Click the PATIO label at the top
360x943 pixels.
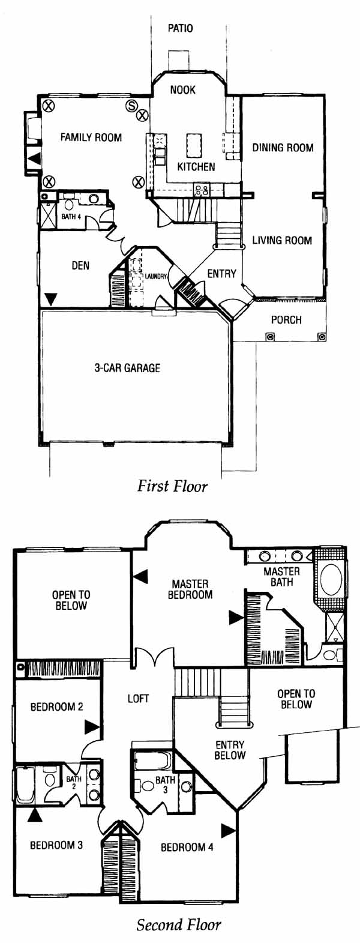click(x=181, y=28)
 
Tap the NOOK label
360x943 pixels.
click(x=183, y=89)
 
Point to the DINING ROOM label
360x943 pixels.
click(x=283, y=147)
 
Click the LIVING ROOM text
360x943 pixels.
click(x=282, y=240)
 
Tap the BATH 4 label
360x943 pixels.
click(x=71, y=217)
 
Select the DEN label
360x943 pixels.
click(x=80, y=265)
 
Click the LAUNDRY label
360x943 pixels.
click(x=156, y=277)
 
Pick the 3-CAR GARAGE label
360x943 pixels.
click(x=127, y=368)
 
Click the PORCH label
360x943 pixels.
click(x=286, y=320)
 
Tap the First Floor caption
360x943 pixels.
click(x=172, y=486)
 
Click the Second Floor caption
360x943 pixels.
click(x=179, y=924)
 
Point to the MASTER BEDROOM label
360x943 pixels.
click(x=190, y=589)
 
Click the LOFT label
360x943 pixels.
click(x=139, y=699)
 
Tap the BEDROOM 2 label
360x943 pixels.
click(x=57, y=706)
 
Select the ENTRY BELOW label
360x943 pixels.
click(x=230, y=750)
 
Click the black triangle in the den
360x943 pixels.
click(x=51, y=300)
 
